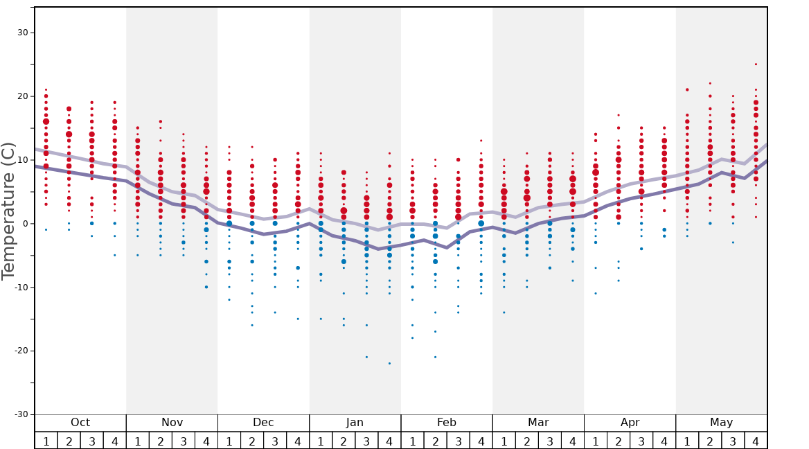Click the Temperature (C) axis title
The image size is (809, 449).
(8, 211)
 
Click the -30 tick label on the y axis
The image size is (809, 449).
(21, 414)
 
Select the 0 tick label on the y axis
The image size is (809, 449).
(25, 223)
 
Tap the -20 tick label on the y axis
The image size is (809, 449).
(21, 351)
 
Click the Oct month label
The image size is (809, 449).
(80, 423)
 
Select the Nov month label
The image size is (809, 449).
(172, 423)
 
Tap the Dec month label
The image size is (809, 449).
(263, 423)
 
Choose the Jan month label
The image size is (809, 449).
(355, 423)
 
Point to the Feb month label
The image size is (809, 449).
(447, 423)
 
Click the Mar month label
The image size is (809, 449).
(538, 423)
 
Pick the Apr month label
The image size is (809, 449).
(630, 423)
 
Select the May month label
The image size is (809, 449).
(721, 423)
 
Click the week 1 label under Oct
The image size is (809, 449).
(46, 441)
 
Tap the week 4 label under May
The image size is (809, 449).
(756, 441)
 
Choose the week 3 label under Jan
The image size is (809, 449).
(366, 441)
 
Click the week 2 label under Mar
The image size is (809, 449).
(527, 441)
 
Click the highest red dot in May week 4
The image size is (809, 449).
(756, 64)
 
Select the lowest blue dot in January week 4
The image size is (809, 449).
(389, 363)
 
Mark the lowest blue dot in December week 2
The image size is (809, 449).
(252, 325)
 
